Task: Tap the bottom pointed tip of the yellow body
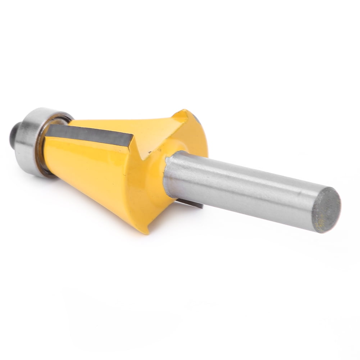[146, 230]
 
